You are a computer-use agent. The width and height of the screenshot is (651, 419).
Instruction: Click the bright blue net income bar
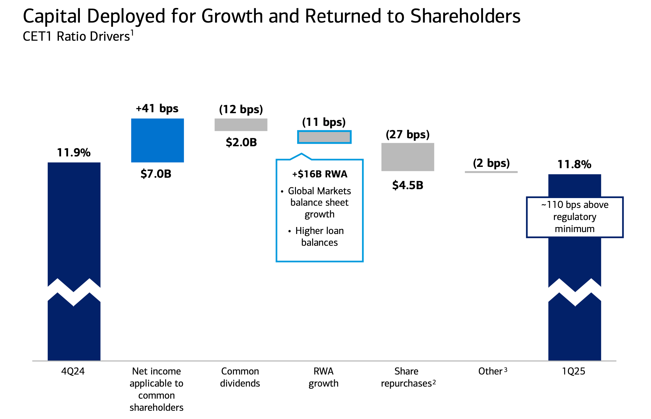click(x=157, y=140)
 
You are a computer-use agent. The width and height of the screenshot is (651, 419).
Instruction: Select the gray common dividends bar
click(x=241, y=125)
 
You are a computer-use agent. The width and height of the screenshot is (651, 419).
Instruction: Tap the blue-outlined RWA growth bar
click(x=324, y=137)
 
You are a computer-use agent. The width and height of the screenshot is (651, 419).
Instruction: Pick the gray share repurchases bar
click(x=408, y=157)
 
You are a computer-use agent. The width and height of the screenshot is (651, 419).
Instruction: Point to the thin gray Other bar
click(x=491, y=172)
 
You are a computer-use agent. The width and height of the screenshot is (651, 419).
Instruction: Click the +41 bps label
click(x=157, y=108)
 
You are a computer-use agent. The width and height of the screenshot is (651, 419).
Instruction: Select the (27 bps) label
click(x=408, y=134)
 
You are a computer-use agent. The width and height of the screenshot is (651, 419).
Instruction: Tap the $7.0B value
click(x=156, y=174)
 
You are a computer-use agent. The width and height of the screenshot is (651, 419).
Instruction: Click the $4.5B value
click(x=408, y=185)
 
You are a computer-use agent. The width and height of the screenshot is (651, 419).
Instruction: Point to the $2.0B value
click(x=241, y=142)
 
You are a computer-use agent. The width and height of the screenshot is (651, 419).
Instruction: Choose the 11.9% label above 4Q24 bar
click(x=73, y=153)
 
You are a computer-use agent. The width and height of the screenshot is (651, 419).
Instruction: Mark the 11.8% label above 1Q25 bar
click(x=574, y=164)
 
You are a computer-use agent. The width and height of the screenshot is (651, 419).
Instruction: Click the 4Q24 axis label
click(x=73, y=371)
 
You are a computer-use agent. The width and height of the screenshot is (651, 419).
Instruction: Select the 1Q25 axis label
click(x=573, y=371)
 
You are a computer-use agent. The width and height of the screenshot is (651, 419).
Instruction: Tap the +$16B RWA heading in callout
click(x=320, y=174)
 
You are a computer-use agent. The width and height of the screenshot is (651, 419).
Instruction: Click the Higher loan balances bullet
click(x=319, y=237)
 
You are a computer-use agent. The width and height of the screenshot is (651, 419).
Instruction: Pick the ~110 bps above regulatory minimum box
click(x=575, y=217)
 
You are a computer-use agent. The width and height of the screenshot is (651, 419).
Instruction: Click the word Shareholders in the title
click(x=465, y=16)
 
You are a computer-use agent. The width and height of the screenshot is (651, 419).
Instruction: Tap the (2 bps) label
click(x=491, y=163)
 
